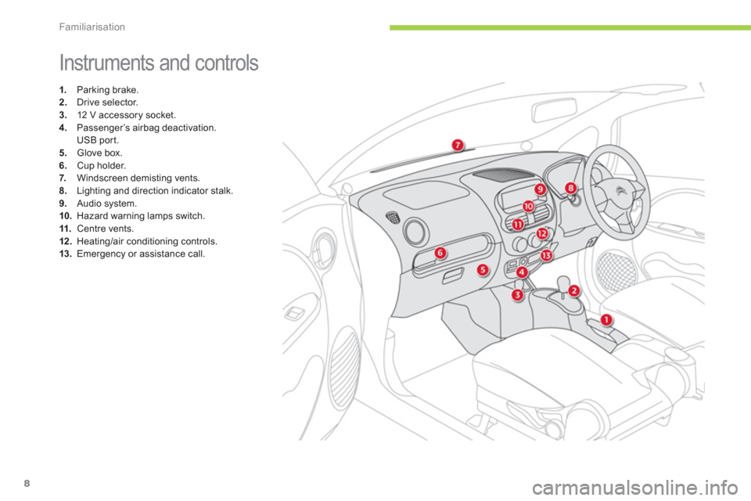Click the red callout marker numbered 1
(x=606, y=319)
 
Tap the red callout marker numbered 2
(x=573, y=290)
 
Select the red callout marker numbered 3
(x=517, y=295)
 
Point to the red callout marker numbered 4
(x=521, y=272)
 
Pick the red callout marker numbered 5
(x=483, y=270)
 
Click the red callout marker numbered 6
(x=440, y=252)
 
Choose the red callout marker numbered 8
(x=571, y=187)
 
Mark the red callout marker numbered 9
(x=540, y=189)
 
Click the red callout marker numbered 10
(x=528, y=206)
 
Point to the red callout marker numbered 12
(x=541, y=234)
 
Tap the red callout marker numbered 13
(x=546, y=255)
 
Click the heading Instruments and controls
(x=159, y=63)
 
